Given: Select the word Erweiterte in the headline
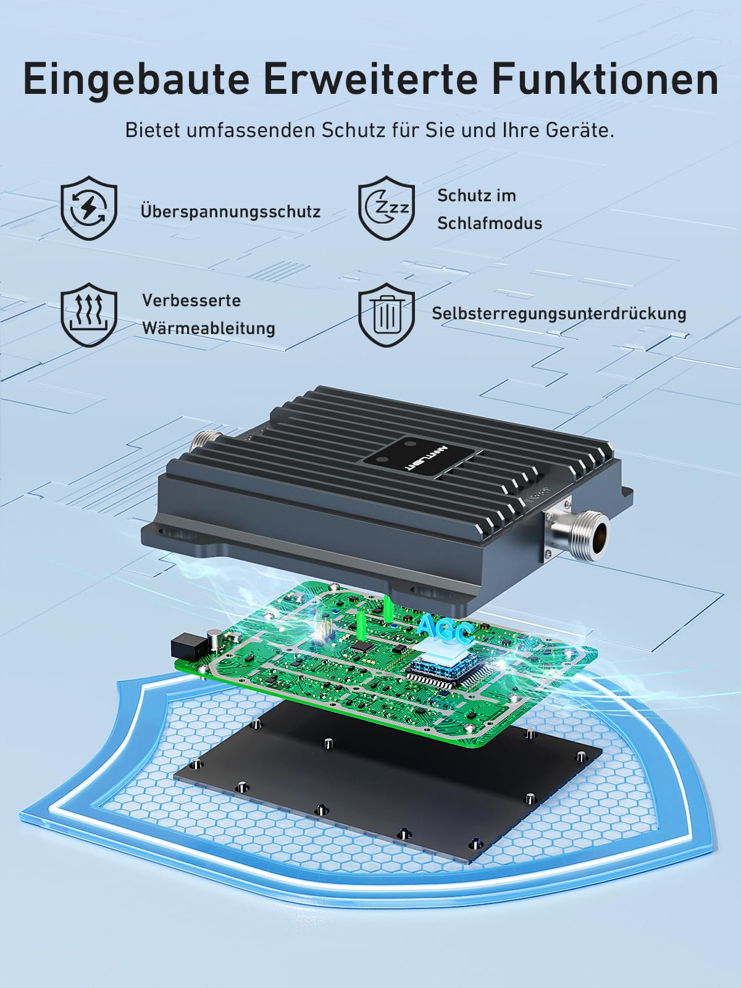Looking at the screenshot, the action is [x=370, y=80].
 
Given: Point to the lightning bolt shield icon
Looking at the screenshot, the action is [x=89, y=207].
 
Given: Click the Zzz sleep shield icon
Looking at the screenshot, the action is [x=387, y=207].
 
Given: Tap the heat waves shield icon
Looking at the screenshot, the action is [x=89, y=315].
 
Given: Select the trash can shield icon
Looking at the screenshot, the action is [x=387, y=315].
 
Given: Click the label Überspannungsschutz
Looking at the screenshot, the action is [x=230, y=211].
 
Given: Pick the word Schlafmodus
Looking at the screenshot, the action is [x=490, y=224].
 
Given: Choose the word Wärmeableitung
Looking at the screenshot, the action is [x=208, y=328].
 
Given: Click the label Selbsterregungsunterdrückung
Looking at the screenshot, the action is [x=559, y=314].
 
